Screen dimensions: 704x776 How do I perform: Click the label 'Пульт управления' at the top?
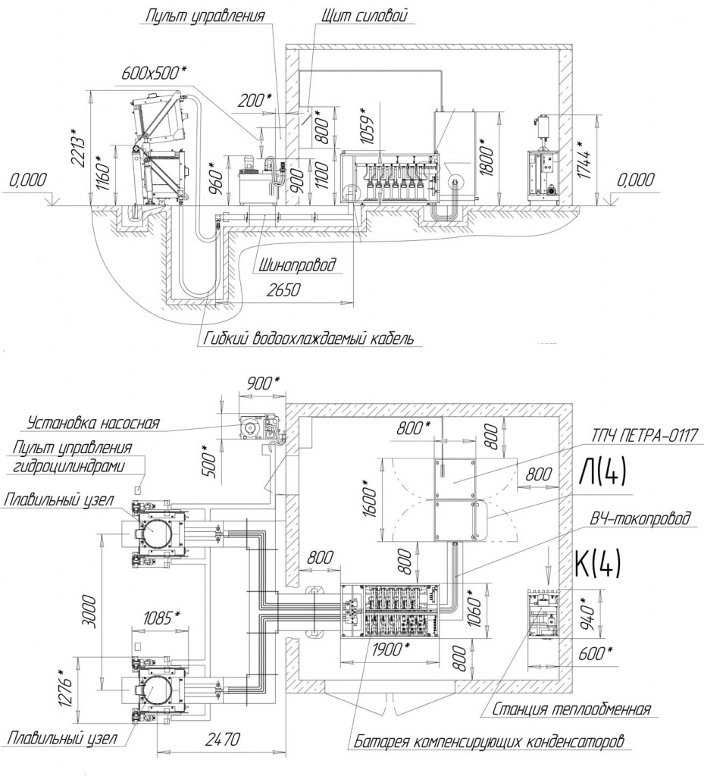click(205, 15)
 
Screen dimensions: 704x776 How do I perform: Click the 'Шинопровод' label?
click(297, 265)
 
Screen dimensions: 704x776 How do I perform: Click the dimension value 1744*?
click(585, 158)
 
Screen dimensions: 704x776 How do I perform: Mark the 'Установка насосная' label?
click(93, 423)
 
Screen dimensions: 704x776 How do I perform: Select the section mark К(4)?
click(598, 564)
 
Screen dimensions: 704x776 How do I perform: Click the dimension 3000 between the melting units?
click(90, 612)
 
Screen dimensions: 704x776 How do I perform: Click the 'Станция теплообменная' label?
click(571, 709)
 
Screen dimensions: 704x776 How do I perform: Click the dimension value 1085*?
click(161, 618)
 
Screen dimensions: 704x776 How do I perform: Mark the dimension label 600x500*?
click(154, 73)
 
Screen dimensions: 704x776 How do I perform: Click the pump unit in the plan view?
click(260, 427)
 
